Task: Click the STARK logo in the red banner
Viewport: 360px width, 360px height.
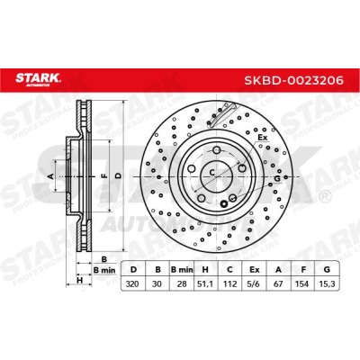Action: pyautogui.click(x=38, y=79)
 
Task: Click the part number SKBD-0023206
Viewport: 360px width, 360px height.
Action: pyautogui.click(x=293, y=80)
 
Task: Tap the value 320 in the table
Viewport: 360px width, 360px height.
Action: pyautogui.click(x=132, y=283)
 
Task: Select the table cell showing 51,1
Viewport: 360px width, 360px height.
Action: pyautogui.click(x=205, y=283)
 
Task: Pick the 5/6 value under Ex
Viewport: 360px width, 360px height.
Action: pyautogui.click(x=254, y=283)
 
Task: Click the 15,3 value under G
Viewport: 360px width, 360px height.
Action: pyautogui.click(x=327, y=283)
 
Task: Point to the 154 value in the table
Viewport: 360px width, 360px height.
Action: pyautogui.click(x=301, y=283)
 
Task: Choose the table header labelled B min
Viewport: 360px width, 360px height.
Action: pyautogui.click(x=182, y=270)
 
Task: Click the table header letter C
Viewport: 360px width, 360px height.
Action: pyautogui.click(x=229, y=270)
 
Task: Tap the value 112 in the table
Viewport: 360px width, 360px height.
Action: pyautogui.click(x=229, y=283)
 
